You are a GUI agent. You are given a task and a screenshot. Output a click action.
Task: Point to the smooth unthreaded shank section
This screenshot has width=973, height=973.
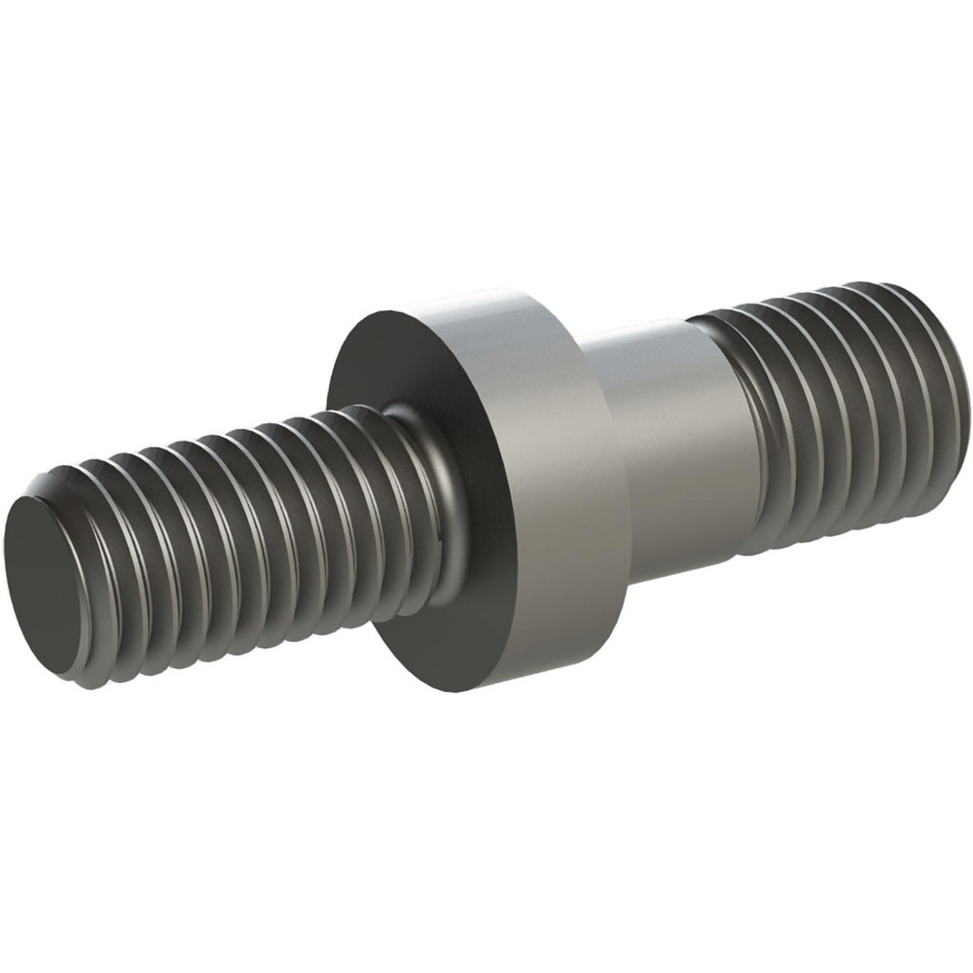coord(671,438)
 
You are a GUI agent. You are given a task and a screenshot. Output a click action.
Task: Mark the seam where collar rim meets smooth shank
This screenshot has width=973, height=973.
coord(608,457)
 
